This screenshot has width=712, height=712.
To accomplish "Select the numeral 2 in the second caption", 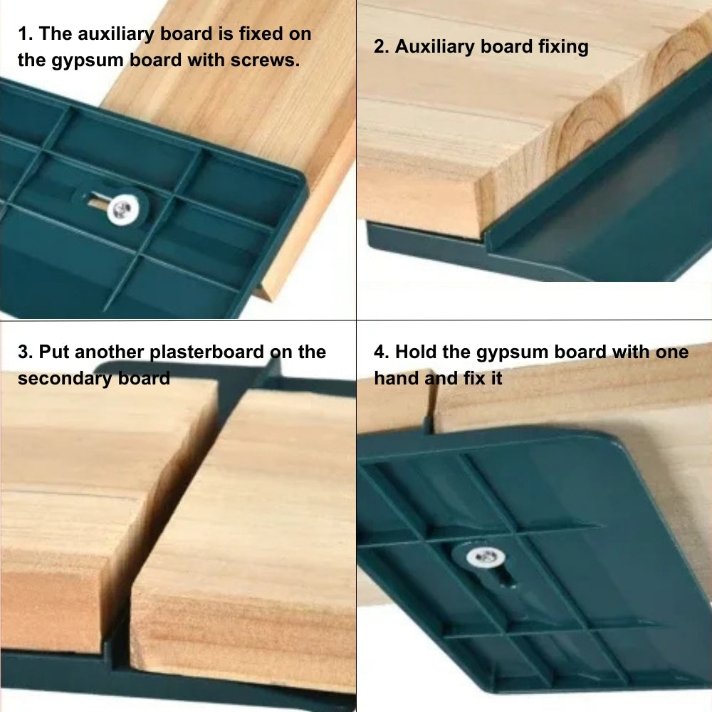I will click(379, 47).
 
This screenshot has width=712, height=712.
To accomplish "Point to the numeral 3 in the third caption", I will click(23, 352).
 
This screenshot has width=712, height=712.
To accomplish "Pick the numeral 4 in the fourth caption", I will click(379, 352).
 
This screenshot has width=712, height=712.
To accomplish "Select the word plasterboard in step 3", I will click(207, 352).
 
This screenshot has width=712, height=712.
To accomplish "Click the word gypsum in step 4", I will click(509, 352).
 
